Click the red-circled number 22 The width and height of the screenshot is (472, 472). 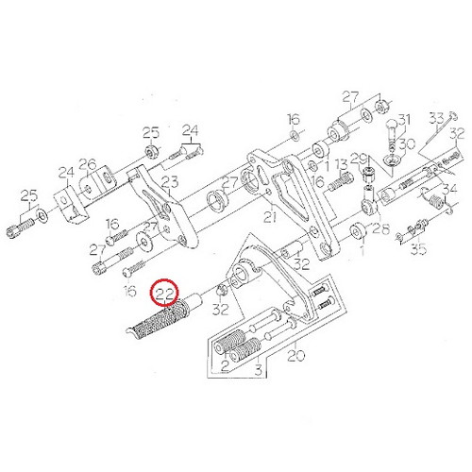[165, 294]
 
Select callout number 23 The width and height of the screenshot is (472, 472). [170, 182]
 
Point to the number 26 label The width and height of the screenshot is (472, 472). [87, 164]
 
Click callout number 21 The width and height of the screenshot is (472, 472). [270, 217]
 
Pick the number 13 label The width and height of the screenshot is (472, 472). [341, 165]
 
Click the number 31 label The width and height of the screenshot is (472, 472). [404, 120]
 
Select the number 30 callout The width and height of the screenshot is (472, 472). [407, 144]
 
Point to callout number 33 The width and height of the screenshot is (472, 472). [437, 118]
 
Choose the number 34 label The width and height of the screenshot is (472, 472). [450, 190]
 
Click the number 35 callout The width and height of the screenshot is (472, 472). [419, 249]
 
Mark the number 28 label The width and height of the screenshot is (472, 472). [381, 228]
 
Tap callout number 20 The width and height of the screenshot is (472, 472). [296, 355]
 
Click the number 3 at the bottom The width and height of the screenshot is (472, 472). [259, 369]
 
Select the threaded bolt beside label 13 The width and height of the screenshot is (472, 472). [341, 182]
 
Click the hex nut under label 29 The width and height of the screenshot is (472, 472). [366, 173]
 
